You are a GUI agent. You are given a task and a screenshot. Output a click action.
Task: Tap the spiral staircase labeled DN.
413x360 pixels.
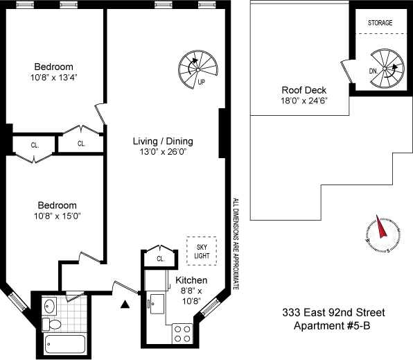(x=383, y=68)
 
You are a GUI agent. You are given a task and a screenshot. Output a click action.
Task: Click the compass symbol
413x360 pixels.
(x=381, y=237)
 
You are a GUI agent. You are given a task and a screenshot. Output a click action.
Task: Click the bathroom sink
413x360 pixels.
(x=49, y=305)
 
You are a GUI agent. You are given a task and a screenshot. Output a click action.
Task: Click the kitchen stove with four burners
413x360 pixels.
(x=182, y=334)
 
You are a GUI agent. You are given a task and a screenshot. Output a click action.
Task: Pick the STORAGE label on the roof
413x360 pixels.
(x=380, y=23)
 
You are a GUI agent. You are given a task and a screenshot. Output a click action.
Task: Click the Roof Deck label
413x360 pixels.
(x=304, y=90)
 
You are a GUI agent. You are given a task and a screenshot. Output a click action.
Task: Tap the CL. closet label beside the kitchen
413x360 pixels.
(x=160, y=259)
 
